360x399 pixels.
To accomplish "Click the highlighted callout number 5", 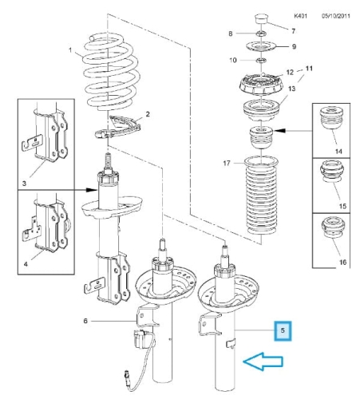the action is pyautogui.click(x=283, y=330).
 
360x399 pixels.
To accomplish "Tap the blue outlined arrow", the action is pyautogui.click(x=263, y=361).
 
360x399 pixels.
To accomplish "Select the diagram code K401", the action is pyautogui.click(x=301, y=16).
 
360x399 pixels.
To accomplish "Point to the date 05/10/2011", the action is pyautogui.click(x=336, y=16).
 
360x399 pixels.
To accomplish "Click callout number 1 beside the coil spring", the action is pyautogui.click(x=70, y=49).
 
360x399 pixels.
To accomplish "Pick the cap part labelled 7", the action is pyautogui.click(x=261, y=18).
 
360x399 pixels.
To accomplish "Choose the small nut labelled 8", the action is pyautogui.click(x=261, y=34).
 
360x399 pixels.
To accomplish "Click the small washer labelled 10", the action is pyautogui.click(x=261, y=61).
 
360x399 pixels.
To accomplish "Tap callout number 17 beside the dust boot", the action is pyautogui.click(x=227, y=163).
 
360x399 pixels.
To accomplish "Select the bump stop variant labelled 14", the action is pyautogui.click(x=331, y=118).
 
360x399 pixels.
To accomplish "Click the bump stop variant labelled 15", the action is pyautogui.click(x=331, y=171).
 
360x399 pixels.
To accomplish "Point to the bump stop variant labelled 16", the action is pyautogui.click(x=334, y=228).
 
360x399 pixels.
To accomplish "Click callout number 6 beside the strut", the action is pyautogui.click(x=85, y=321).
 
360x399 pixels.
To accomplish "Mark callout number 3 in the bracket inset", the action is pyautogui.click(x=24, y=184).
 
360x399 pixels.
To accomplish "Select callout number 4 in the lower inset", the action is pyautogui.click(x=26, y=264).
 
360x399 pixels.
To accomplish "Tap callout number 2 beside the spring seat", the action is pyautogui.click(x=148, y=114).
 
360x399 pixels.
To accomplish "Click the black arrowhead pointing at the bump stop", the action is pyautogui.click(x=279, y=131).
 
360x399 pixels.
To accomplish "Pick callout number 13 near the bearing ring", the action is pyautogui.click(x=292, y=89).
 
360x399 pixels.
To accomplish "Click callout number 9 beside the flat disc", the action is pyautogui.click(x=294, y=46).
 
